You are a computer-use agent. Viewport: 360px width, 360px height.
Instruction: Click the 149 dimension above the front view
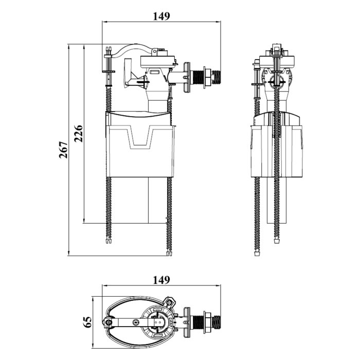[x=161, y=15]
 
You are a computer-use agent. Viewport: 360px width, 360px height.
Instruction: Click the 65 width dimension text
[x=87, y=322]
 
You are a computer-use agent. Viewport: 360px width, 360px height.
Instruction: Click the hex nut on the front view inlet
[x=207, y=76]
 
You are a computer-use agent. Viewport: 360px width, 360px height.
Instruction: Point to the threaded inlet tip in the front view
[x=218, y=76]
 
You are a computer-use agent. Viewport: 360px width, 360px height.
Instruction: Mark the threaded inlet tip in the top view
[x=218, y=322]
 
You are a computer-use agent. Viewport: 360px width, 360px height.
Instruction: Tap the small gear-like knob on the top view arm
[x=135, y=322]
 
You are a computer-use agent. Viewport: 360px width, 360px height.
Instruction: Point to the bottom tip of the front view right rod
[x=168, y=252]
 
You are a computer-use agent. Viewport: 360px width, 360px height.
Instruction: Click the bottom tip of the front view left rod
[x=107, y=240]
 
